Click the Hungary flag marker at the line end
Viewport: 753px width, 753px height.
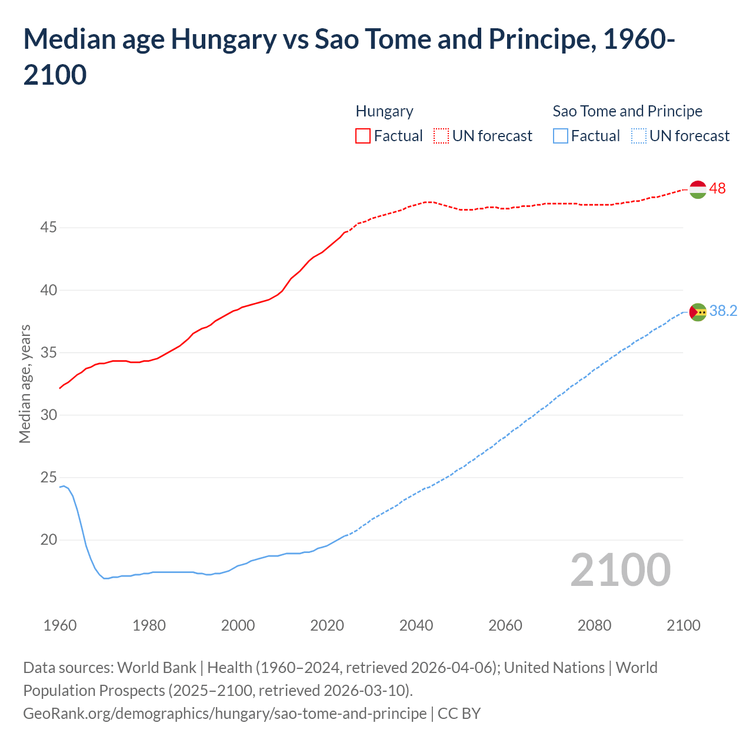point(698,189)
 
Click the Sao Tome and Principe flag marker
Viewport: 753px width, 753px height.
point(698,312)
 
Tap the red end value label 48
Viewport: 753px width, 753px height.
point(717,189)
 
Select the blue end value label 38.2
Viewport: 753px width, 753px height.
point(723,311)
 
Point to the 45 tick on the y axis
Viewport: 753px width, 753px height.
point(48,228)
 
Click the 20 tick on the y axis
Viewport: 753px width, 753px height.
point(48,540)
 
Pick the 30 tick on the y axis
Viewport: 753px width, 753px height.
point(48,415)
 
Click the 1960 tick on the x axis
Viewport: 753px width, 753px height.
point(60,625)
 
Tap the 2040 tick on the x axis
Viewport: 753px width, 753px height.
point(416,625)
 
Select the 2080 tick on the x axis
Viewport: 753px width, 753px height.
point(594,625)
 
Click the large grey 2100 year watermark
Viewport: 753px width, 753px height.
point(620,570)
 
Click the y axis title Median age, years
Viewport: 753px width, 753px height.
point(25,384)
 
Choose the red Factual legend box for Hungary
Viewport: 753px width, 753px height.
point(363,136)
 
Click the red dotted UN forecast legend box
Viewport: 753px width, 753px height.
point(441,136)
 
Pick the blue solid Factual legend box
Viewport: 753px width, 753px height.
point(561,136)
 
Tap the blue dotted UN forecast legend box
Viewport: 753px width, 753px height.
point(638,136)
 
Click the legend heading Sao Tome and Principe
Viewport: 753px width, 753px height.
point(627,111)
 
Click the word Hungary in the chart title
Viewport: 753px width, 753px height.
point(224,40)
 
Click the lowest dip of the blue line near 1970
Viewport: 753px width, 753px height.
point(106,579)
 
